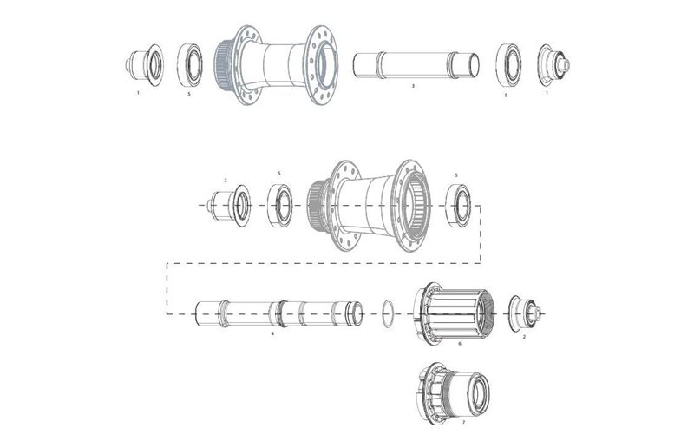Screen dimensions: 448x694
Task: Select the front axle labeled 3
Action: pyautogui.click(x=416, y=64)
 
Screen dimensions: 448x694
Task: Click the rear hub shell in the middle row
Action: pyautogui.click(x=371, y=206)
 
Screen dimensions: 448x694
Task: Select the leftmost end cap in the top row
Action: pyautogui.click(x=142, y=64)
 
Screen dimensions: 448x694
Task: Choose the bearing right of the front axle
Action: pyautogui.click(x=506, y=64)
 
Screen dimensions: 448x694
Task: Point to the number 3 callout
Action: pyautogui.click(x=413, y=87)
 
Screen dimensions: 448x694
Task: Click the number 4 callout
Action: pyautogui.click(x=272, y=333)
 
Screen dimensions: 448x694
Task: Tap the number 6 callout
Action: pyautogui.click(x=459, y=343)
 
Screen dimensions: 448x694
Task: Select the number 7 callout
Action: pyautogui.click(x=463, y=422)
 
